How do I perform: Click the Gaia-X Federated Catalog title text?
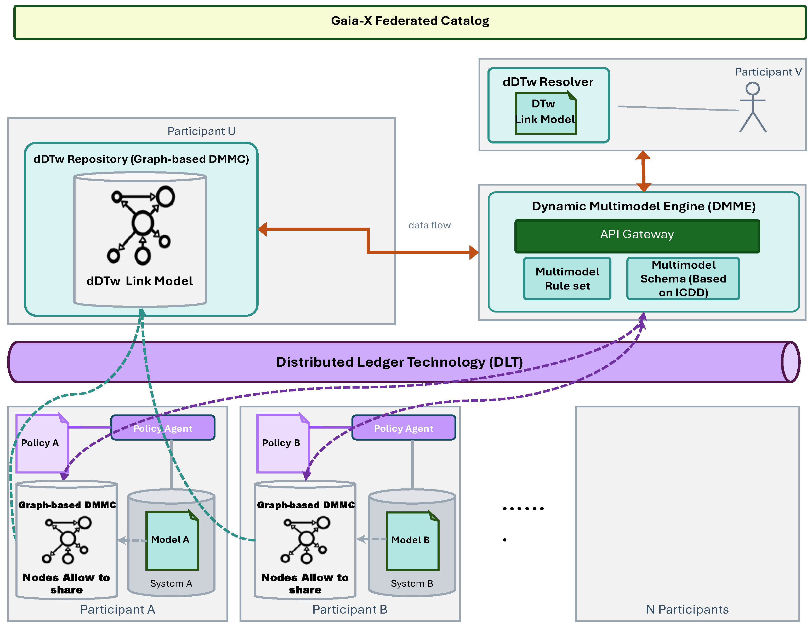[410, 21]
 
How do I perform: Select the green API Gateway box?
[637, 236]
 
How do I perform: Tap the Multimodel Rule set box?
[567, 279]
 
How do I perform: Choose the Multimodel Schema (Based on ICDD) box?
[683, 279]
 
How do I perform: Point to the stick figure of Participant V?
[753, 107]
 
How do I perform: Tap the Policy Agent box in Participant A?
[163, 428]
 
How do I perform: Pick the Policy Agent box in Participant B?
[404, 428]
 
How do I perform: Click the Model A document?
[172, 541]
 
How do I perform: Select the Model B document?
[412, 541]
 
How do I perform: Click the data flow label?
[429, 225]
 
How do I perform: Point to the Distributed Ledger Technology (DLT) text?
[399, 362]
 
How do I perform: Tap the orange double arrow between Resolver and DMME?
[643, 171]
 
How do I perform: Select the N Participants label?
[687, 609]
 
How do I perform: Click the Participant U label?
[201, 131]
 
